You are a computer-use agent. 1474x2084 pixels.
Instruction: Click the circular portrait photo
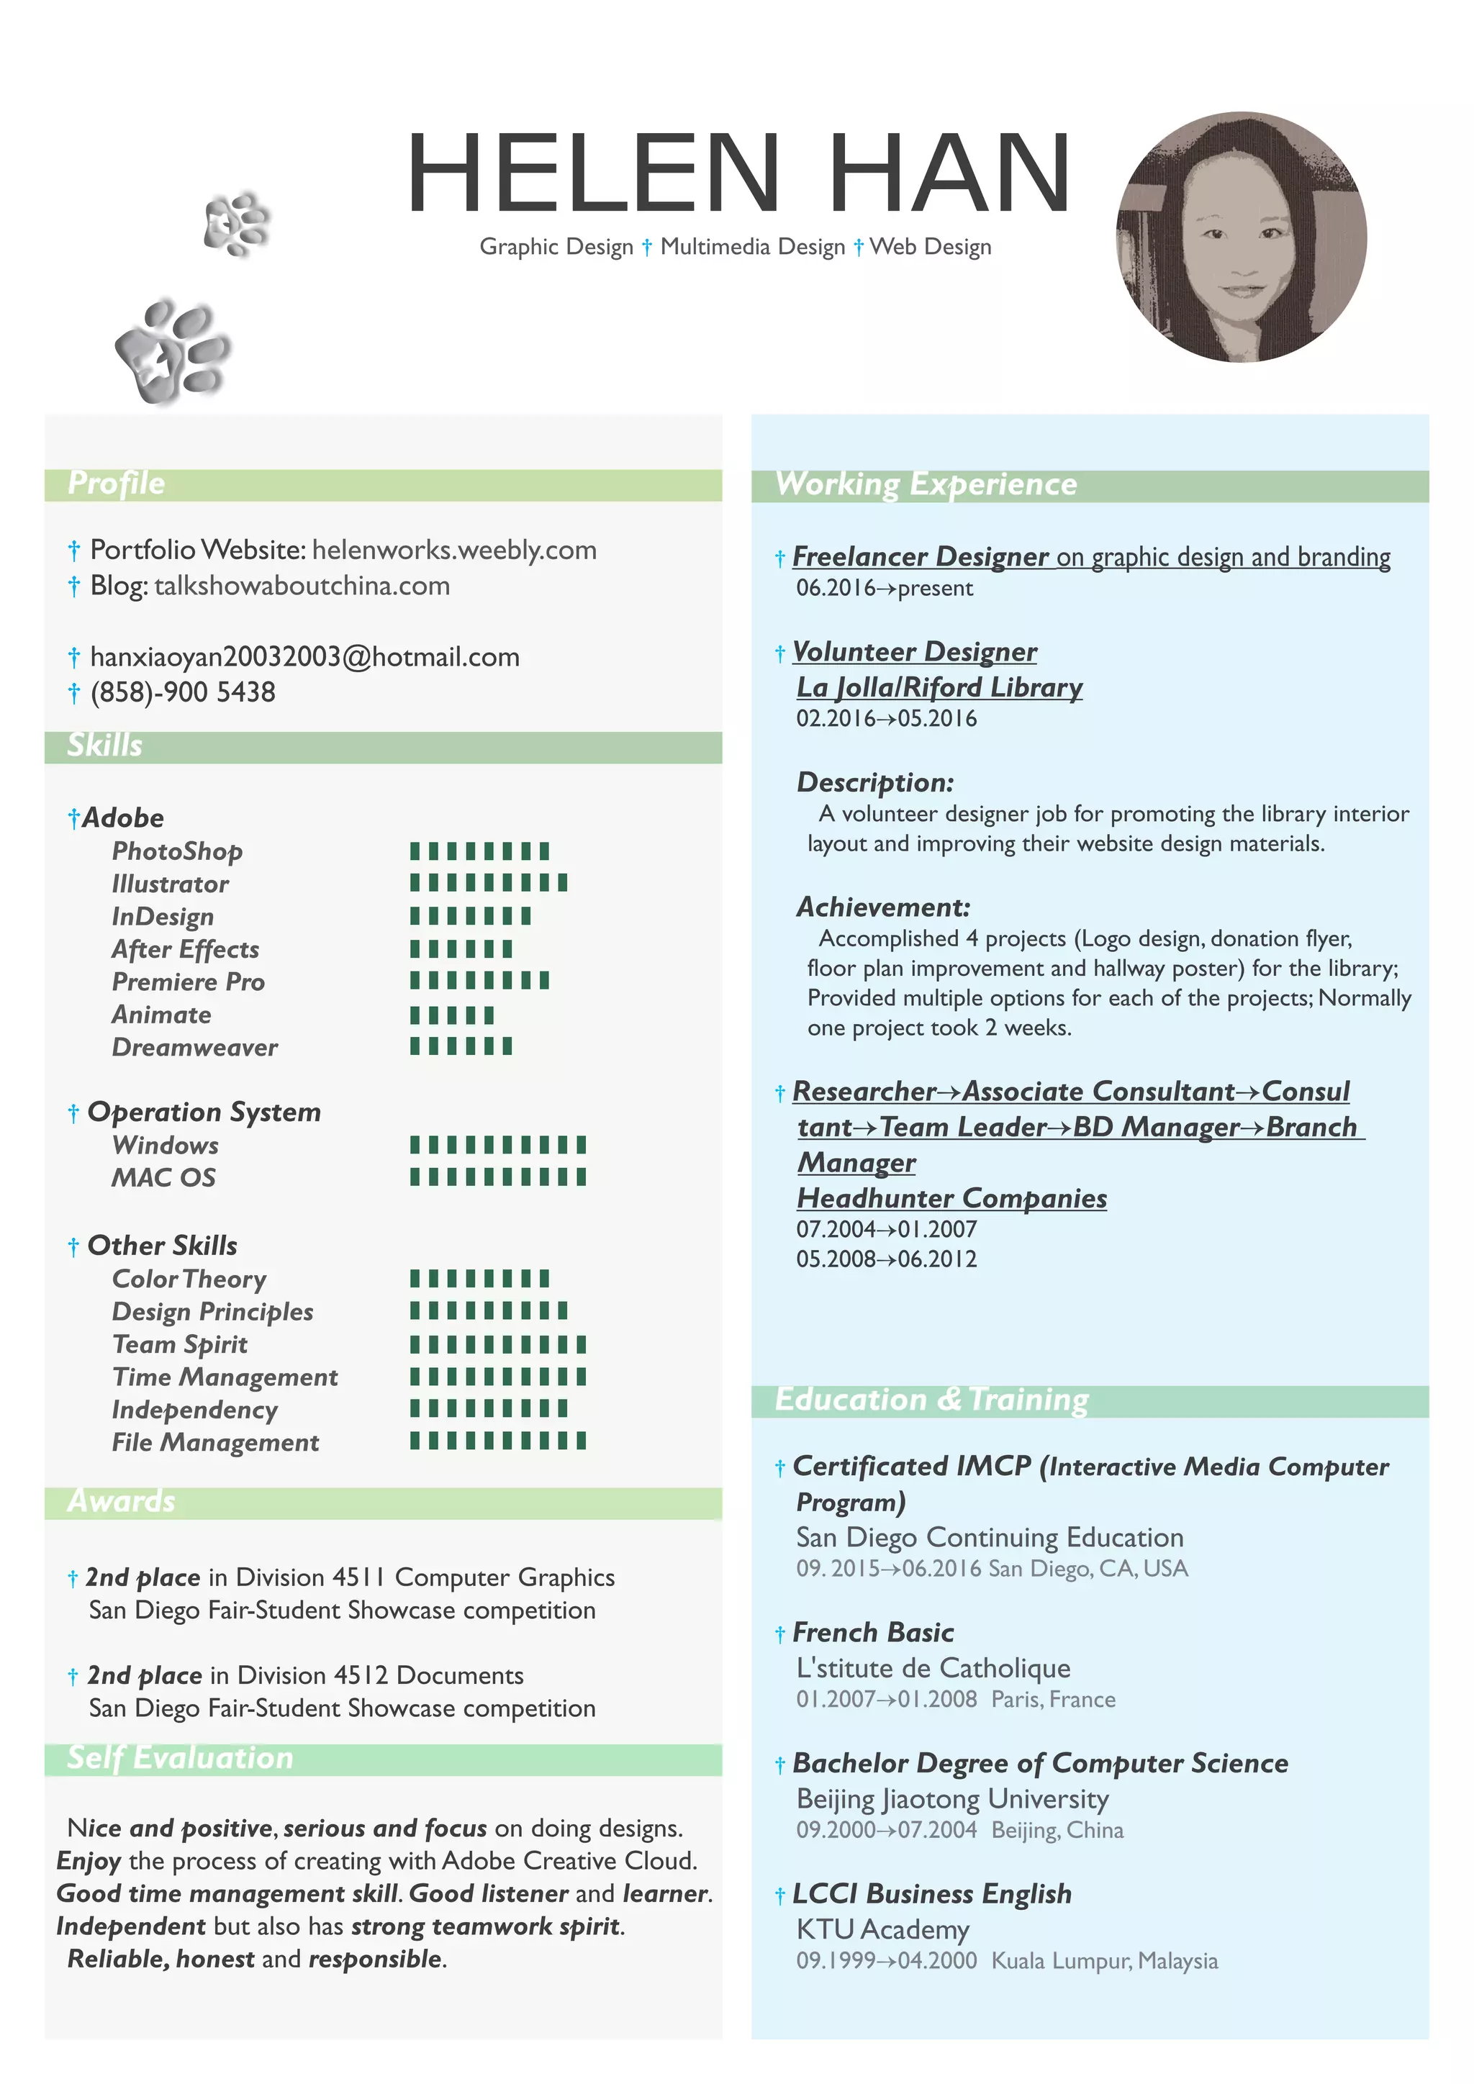[x=1241, y=237]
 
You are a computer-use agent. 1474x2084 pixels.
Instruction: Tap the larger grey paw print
[x=173, y=350]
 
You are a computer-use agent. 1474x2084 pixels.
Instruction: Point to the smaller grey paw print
[x=237, y=223]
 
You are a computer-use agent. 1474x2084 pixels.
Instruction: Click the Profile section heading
[x=116, y=484]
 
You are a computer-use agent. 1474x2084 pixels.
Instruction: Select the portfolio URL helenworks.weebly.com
[x=454, y=550]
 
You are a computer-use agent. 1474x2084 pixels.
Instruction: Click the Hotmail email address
[x=305, y=657]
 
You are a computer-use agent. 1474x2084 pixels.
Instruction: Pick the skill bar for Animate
[x=452, y=1015]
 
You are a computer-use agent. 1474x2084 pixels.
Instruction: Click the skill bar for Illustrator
[x=488, y=883]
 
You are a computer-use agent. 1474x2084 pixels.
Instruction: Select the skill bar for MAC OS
[x=497, y=1177]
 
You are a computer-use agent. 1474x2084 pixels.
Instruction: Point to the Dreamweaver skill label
[x=194, y=1048]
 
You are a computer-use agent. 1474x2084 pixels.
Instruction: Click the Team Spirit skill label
[x=180, y=1344]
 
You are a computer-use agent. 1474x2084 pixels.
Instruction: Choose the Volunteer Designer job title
[x=914, y=652]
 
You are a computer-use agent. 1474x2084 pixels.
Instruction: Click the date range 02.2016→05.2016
[x=886, y=719]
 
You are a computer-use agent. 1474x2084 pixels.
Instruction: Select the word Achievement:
[x=883, y=907]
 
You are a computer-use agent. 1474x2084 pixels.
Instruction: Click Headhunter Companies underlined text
[x=951, y=1198]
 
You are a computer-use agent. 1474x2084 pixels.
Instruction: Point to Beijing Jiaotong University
[x=952, y=1799]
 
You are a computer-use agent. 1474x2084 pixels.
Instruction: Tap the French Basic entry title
[x=872, y=1633]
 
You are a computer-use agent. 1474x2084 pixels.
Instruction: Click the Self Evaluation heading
[x=180, y=1758]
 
